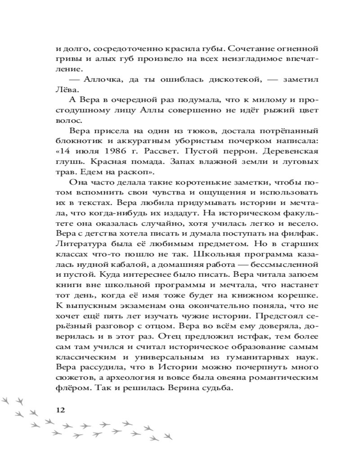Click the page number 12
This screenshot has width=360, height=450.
[x=59, y=410]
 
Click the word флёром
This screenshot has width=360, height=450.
[x=71, y=388]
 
